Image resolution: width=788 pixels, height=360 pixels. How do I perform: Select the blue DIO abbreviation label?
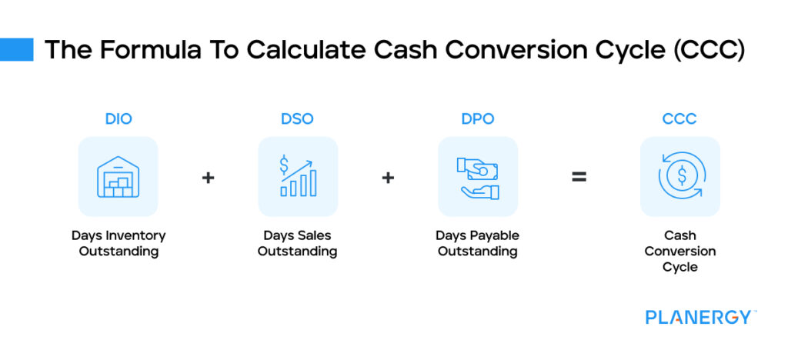118,119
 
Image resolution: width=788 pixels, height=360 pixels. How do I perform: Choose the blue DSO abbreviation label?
297,119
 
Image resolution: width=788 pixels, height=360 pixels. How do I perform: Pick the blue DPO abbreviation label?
477,119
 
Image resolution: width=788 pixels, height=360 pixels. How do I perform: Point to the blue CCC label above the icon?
679,119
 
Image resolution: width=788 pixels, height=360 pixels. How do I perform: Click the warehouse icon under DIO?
118,176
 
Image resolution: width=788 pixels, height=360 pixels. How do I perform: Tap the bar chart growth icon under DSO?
298,176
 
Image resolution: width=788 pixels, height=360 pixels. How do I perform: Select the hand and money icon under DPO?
477,176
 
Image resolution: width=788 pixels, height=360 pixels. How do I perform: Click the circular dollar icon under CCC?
679,176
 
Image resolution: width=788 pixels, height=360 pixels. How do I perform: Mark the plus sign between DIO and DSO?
208,178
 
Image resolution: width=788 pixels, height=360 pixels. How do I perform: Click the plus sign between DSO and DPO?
388,178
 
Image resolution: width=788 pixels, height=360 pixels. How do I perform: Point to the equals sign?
579,178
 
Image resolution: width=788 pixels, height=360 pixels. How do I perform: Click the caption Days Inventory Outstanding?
118,243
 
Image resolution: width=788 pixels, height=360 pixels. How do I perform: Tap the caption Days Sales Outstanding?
297,243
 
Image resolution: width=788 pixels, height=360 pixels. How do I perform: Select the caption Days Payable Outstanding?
477,243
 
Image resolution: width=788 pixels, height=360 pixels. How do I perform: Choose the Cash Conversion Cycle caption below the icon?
679,252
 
